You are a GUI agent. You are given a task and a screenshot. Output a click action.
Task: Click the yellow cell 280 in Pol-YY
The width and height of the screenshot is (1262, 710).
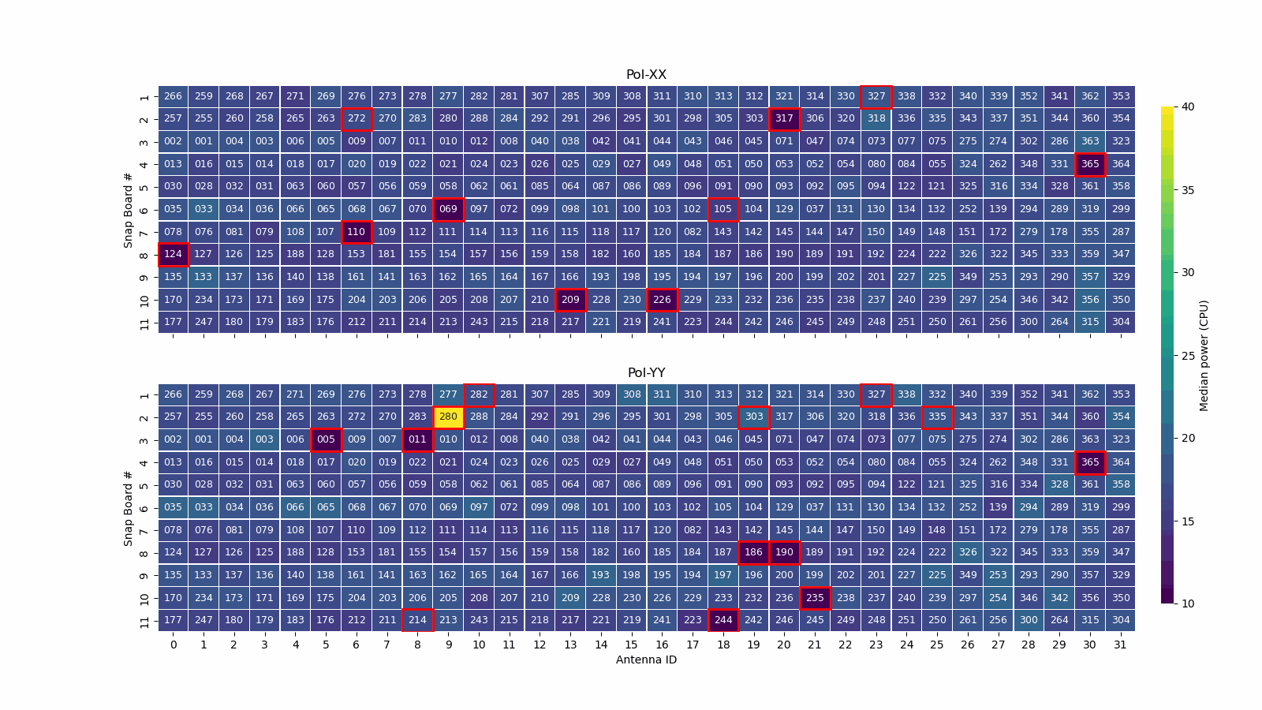coord(448,417)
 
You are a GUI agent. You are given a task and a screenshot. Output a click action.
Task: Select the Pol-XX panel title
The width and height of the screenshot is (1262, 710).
coord(646,75)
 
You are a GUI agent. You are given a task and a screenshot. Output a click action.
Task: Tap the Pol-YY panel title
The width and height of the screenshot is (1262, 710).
coord(646,373)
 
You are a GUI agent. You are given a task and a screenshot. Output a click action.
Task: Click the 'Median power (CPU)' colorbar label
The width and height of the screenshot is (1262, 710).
coord(1204,355)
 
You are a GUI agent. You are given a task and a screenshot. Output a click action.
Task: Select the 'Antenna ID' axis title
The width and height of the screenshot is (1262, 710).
coord(646,660)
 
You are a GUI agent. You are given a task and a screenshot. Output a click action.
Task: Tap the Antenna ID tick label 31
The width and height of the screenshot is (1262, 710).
coord(1120,645)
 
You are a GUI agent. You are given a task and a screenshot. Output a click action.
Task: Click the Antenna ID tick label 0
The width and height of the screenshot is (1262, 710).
coord(174,645)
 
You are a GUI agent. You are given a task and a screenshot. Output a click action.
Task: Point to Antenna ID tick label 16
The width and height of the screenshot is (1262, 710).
coord(662,645)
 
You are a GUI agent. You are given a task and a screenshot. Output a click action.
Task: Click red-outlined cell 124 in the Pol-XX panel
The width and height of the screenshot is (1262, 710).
coord(173,254)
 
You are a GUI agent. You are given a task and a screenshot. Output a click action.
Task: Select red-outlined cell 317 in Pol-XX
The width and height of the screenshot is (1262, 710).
coord(784,118)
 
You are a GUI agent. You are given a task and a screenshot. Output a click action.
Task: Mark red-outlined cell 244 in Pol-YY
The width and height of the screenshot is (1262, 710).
coord(723,620)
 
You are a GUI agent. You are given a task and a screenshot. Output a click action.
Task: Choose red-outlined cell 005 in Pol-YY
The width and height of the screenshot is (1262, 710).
coord(326,439)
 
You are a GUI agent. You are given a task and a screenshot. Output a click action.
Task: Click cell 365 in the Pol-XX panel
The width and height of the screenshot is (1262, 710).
coord(1089,164)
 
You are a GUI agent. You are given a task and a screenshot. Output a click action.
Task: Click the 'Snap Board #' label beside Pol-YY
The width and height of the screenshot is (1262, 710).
coord(128,508)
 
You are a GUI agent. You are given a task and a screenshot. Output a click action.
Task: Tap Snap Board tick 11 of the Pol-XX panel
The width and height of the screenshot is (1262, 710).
coord(144,322)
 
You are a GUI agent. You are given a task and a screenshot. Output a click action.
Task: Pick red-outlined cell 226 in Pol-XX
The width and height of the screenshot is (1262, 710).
coord(662,300)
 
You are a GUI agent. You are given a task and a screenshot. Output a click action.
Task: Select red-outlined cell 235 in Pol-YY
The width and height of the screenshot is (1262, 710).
coord(815,598)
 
